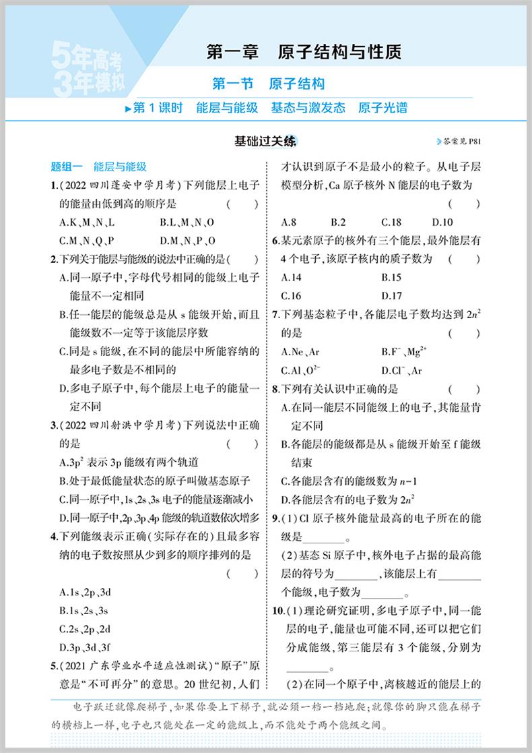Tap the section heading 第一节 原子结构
pyautogui.click(x=268, y=84)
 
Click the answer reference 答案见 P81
pyautogui.click(x=461, y=142)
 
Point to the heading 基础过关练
pyautogui.click(x=264, y=142)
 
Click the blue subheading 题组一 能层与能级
pyautogui.click(x=99, y=167)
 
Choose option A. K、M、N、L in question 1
pyautogui.click(x=87, y=222)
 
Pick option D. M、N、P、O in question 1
pyautogui.click(x=187, y=241)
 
